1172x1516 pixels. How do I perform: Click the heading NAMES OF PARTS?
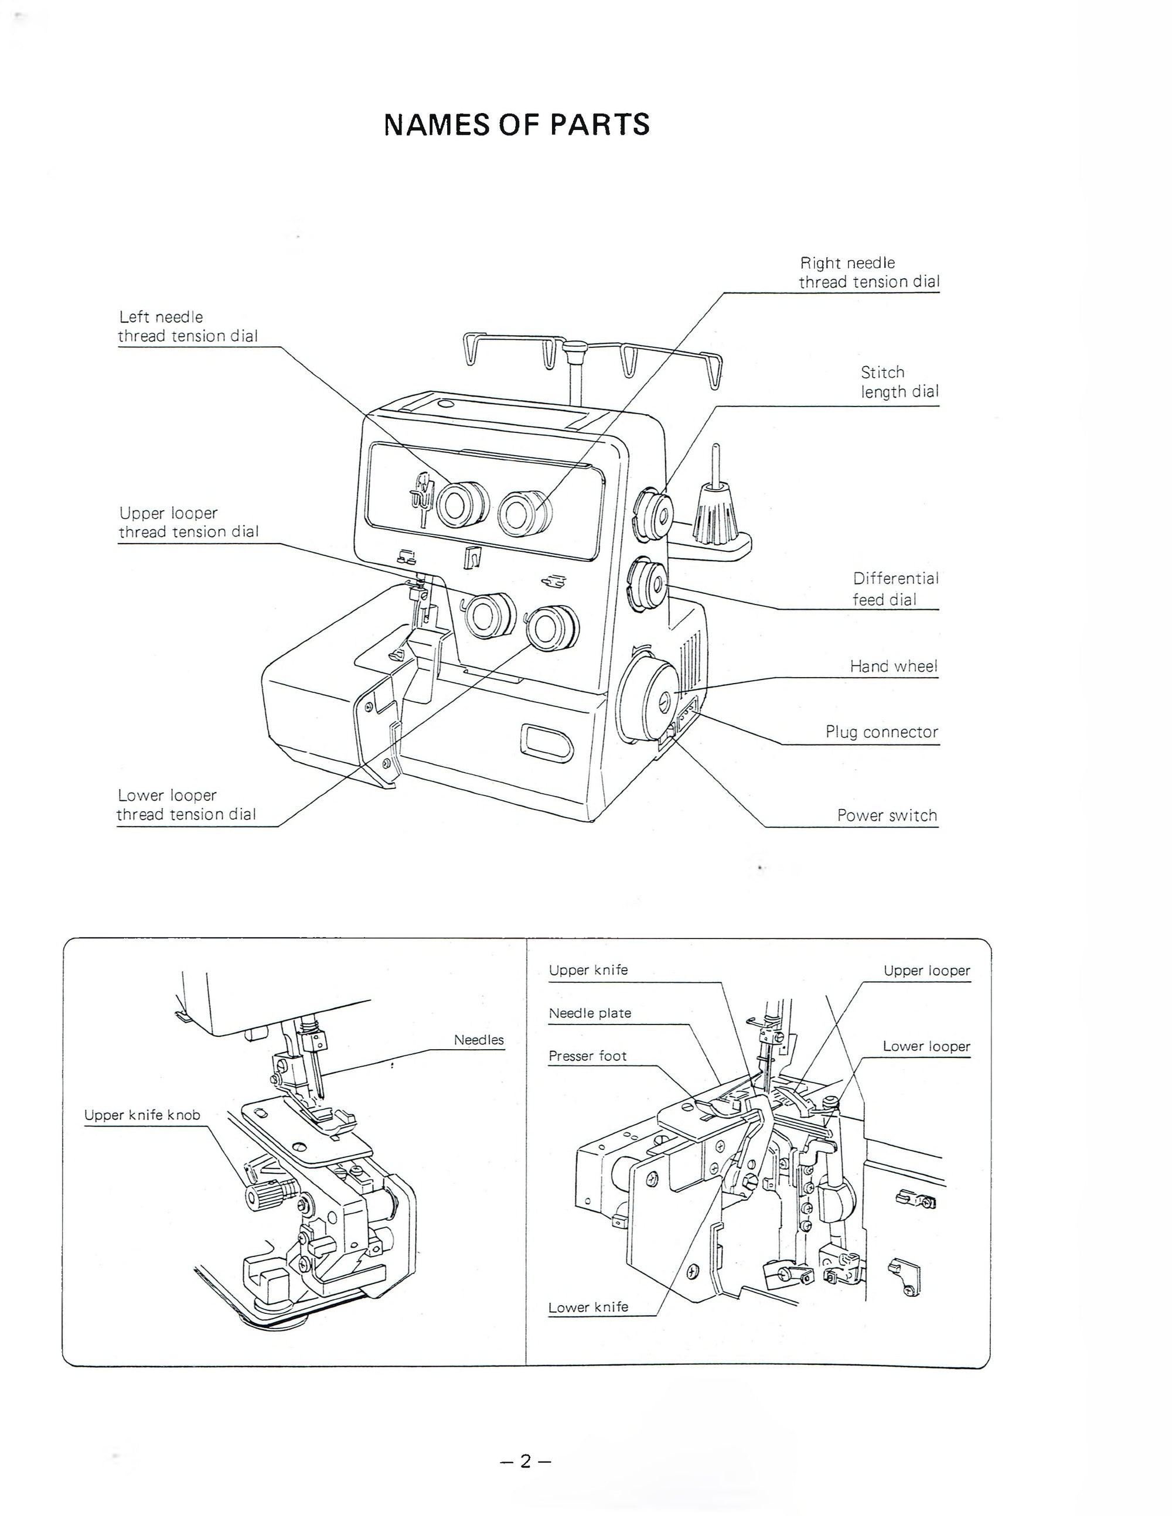(517, 125)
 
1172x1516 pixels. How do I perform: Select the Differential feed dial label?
(895, 589)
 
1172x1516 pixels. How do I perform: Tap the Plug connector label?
(881, 732)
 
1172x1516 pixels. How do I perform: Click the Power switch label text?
(887, 815)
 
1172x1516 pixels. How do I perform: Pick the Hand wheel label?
(894, 667)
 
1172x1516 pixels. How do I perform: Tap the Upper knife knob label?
(142, 1115)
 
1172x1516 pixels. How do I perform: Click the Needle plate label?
(590, 1013)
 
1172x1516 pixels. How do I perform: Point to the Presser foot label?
(587, 1056)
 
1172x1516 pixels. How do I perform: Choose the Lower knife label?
(588, 1307)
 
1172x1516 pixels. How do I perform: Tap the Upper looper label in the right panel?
(926, 971)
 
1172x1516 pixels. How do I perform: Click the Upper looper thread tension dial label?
(188, 522)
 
